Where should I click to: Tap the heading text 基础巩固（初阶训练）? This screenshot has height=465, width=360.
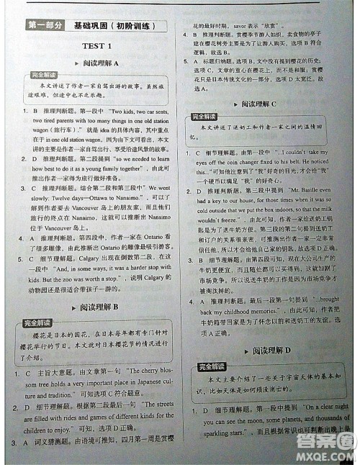click(x=114, y=26)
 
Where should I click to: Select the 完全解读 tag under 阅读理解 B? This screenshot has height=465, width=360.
click(x=32, y=322)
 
